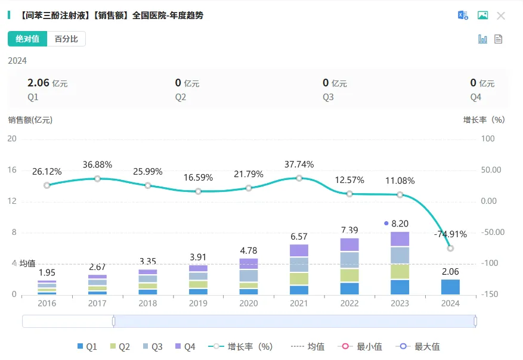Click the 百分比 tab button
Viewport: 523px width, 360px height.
(x=66, y=39)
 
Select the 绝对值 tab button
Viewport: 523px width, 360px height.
(x=27, y=39)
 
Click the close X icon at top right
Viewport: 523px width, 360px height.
(x=501, y=15)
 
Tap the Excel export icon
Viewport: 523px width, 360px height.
(x=463, y=15)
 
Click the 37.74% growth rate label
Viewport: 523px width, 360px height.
(x=299, y=165)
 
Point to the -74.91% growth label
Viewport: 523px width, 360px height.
(x=450, y=234)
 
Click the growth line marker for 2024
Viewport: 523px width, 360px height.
(x=450, y=248)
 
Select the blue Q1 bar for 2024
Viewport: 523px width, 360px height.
(x=450, y=287)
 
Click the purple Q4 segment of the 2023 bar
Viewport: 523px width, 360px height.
(x=400, y=239)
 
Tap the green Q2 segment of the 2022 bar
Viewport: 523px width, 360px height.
(x=349, y=275)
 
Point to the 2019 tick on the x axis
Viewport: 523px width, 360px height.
(x=198, y=303)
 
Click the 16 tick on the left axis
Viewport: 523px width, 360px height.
(x=12, y=170)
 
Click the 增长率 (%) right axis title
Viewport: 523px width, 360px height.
(x=484, y=120)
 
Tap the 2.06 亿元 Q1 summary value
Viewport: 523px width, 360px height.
(x=48, y=83)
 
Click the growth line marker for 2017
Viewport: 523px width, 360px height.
(x=97, y=178)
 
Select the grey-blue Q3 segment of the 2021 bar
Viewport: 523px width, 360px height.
(x=299, y=265)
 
